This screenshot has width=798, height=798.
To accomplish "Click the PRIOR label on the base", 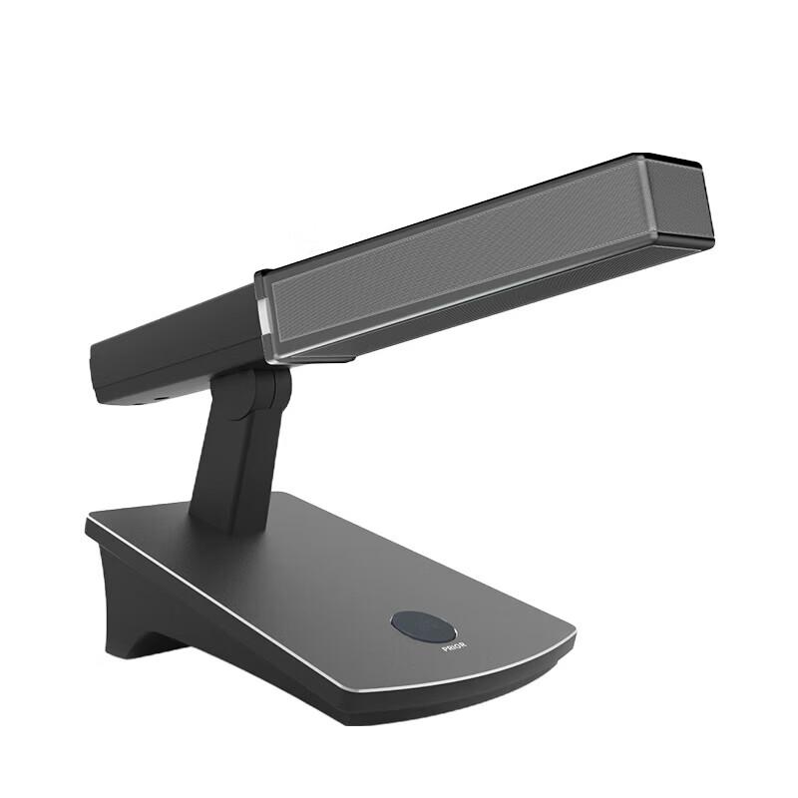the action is click(x=454, y=647).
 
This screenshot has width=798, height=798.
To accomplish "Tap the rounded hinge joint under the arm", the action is click(x=272, y=392).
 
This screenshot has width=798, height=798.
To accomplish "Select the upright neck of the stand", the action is click(x=234, y=458).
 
